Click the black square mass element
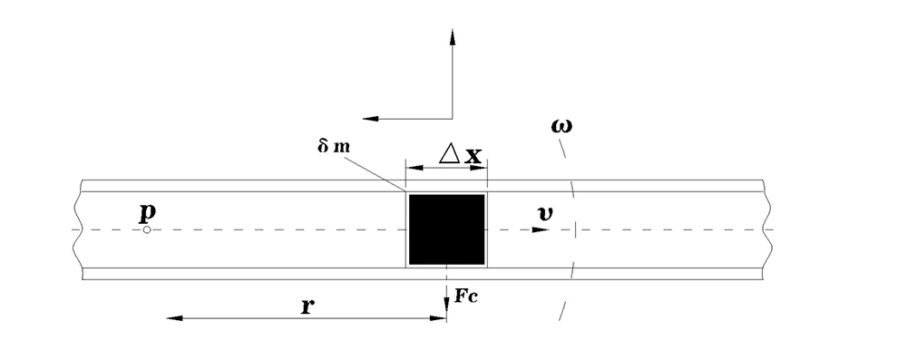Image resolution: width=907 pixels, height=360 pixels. [x=446, y=229]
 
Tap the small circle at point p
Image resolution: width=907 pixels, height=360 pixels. [x=147, y=229]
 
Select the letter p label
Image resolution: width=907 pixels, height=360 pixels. [x=146, y=213]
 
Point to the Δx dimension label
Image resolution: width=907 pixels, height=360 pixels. [x=460, y=155]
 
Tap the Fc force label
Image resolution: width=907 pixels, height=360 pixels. [x=465, y=296]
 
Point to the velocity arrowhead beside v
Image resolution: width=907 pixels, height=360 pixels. [x=541, y=229]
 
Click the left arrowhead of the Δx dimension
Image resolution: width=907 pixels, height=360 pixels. [x=412, y=167]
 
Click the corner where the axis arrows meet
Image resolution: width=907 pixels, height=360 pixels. [x=452, y=118]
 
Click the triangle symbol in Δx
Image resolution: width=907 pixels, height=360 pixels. [x=449, y=154]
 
